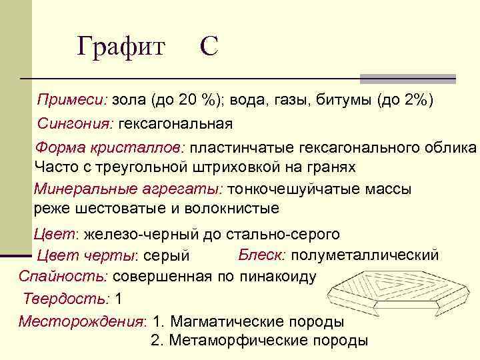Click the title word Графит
click(x=121, y=47)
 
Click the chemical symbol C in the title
click(x=208, y=47)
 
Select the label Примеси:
click(x=71, y=100)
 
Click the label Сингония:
click(x=76, y=123)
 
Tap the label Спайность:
click(x=64, y=276)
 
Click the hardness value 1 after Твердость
click(x=119, y=298)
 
